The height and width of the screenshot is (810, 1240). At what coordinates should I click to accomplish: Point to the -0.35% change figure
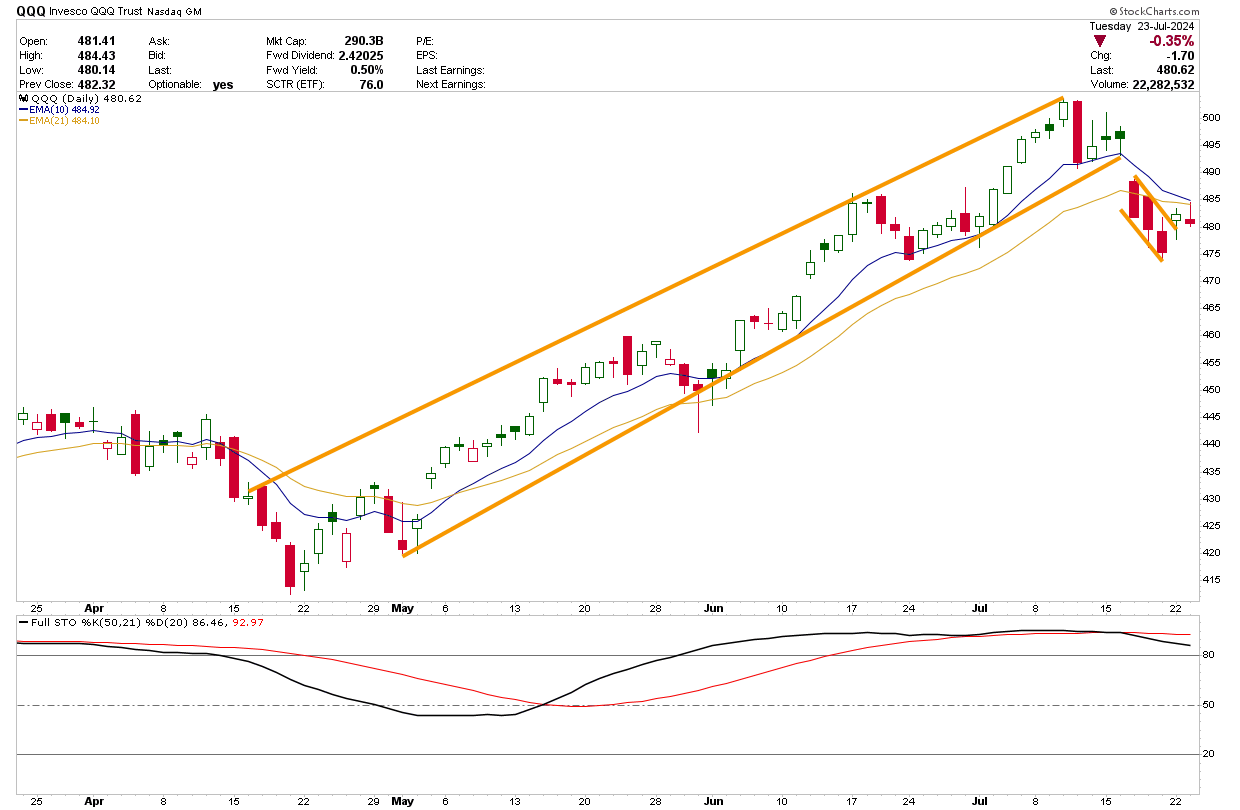click(x=1173, y=41)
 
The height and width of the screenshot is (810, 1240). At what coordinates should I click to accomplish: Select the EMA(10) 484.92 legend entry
click(x=57, y=110)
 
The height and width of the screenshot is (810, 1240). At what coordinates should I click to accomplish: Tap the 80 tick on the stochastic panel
click(x=1209, y=655)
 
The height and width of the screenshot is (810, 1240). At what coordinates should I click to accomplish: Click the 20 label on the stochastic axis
click(x=1209, y=754)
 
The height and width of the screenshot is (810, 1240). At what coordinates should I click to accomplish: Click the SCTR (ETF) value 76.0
click(x=371, y=85)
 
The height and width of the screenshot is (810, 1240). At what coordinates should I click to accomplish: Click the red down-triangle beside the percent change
click(x=1100, y=41)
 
